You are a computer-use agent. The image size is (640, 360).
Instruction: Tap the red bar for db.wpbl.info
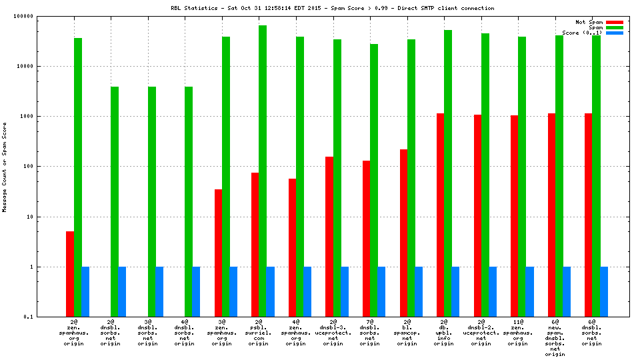pos(441,215)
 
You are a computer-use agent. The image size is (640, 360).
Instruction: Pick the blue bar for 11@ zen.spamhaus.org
pos(529,291)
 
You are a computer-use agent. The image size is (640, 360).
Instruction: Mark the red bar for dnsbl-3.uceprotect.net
pos(329,236)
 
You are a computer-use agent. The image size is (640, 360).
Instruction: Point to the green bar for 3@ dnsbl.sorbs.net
pos(152,201)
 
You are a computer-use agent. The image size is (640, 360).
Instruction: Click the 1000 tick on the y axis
pos(46,117)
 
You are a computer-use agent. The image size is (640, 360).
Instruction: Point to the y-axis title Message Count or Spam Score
pos(5,167)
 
